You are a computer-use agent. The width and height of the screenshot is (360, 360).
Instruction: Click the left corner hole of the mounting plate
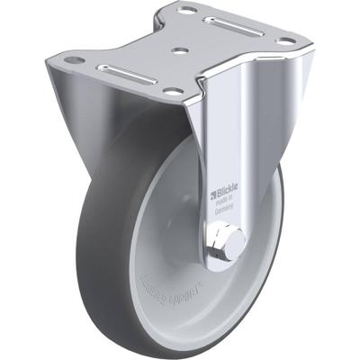(x=76, y=59)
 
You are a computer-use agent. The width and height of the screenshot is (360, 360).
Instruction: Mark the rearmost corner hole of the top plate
(x=188, y=10)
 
